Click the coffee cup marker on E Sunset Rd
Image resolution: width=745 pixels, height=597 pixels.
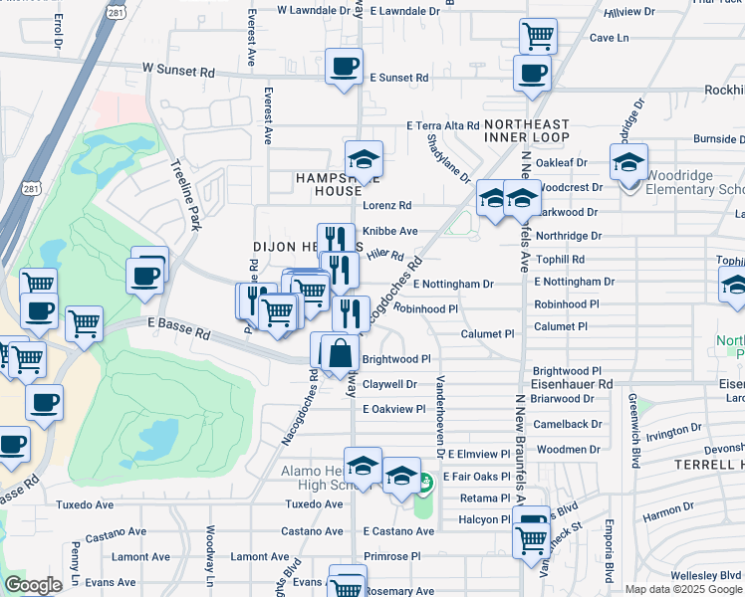pos(345,68)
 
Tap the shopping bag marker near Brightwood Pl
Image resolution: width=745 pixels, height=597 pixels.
pos(341,352)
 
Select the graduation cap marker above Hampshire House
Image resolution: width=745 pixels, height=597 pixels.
pos(364,160)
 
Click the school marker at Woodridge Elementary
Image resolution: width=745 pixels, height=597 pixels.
pos(628,162)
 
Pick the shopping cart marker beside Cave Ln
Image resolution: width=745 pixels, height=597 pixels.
pos(538,37)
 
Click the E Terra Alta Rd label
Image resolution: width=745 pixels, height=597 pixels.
pos(443,125)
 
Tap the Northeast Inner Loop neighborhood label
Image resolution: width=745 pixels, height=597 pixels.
pos(527,129)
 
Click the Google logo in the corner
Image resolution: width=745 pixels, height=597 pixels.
pos(33,585)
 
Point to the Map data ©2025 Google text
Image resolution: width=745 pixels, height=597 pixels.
pos(683,589)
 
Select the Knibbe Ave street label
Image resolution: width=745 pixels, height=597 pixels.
pos(389,231)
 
